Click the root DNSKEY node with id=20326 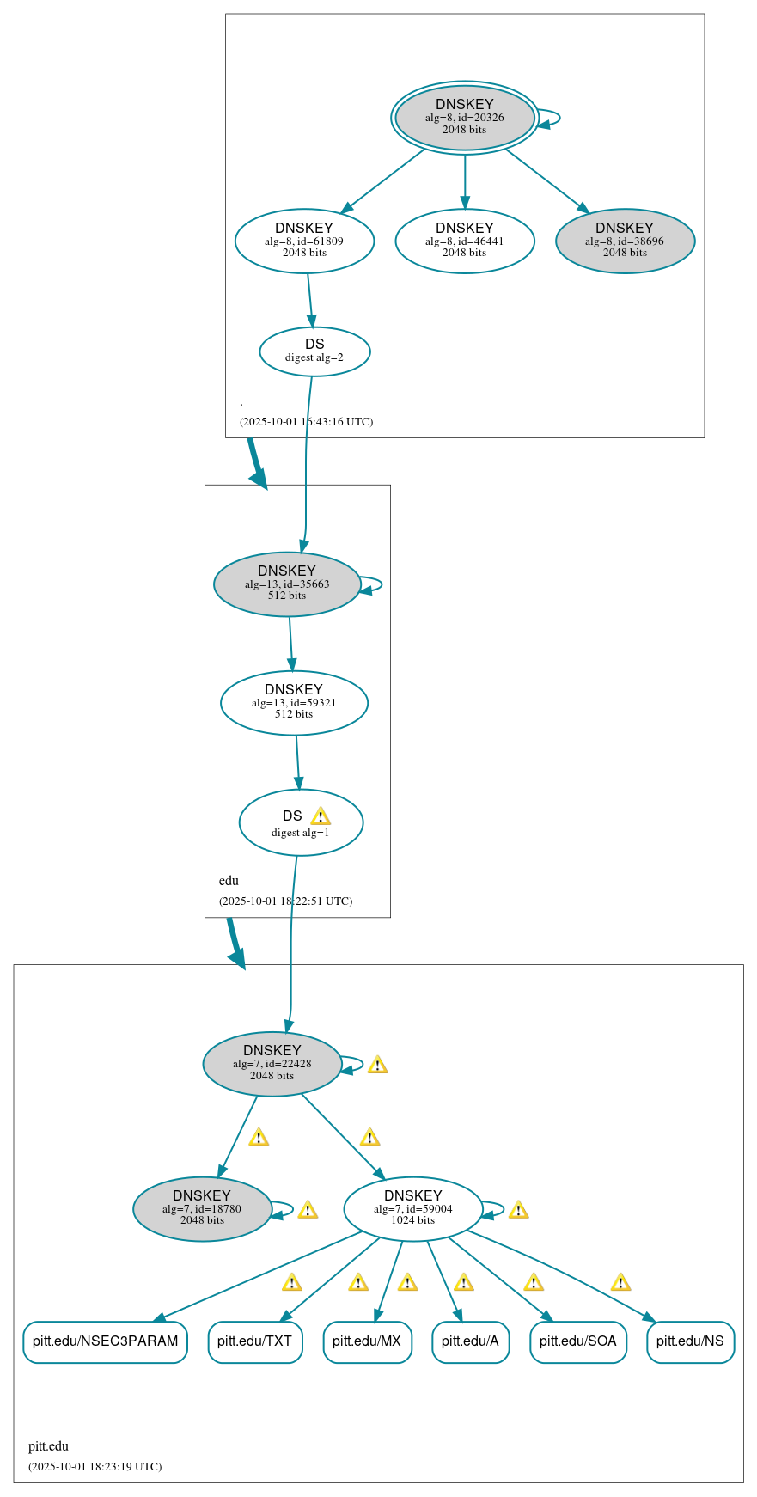point(464,117)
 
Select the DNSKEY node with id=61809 point(304,241)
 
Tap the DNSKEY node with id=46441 point(464,241)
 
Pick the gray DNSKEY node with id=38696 point(625,241)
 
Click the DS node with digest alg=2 point(314,351)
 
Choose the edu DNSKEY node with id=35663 point(287,584)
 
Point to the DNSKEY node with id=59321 point(294,702)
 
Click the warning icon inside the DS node point(321,816)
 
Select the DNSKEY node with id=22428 point(272,1063)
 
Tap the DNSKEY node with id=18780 point(202,1208)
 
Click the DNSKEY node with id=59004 point(412,1208)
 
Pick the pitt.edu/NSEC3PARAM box point(105,1341)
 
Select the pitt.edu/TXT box point(254,1341)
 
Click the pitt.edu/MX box point(367,1341)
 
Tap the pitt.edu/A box point(470,1341)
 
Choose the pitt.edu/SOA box point(577,1341)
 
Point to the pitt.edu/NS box point(690,1341)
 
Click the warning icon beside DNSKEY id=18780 point(308,1210)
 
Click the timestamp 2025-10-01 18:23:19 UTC point(95,1466)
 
